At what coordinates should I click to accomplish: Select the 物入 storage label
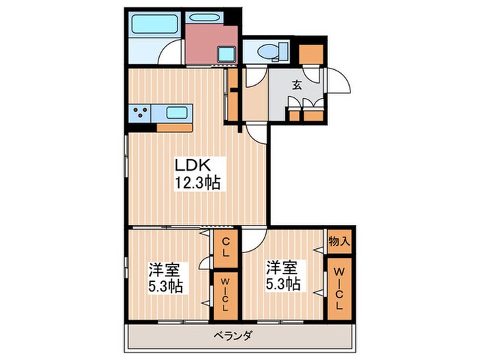[x=339, y=241]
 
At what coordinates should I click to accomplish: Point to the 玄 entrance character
[x=298, y=85]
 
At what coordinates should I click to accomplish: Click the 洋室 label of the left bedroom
[x=163, y=268]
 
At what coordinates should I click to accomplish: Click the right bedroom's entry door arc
[x=252, y=240]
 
